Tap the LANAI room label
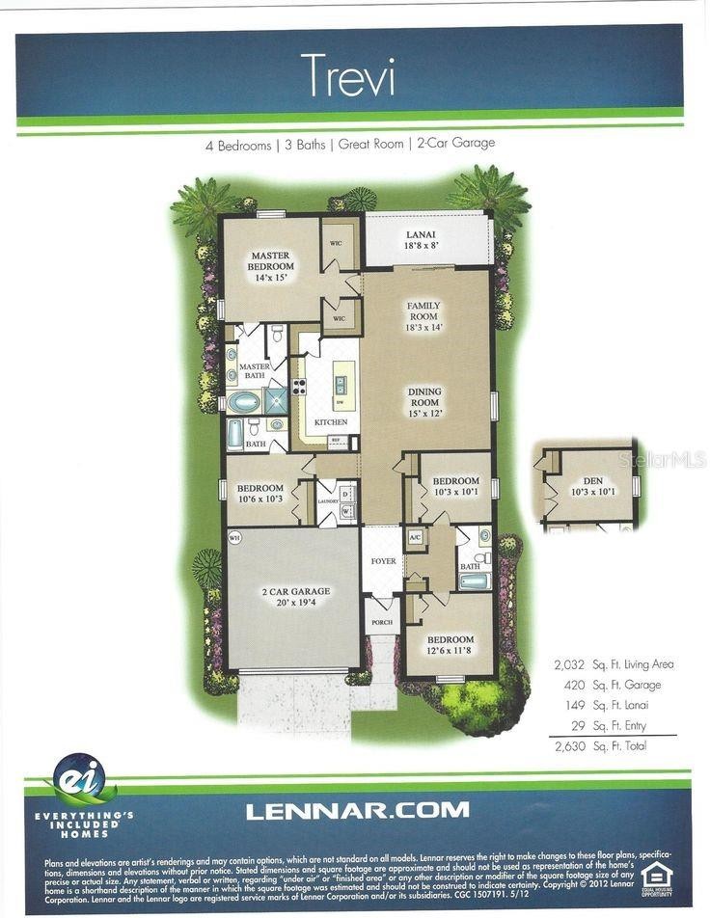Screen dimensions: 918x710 421,233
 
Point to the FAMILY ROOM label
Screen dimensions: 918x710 423,310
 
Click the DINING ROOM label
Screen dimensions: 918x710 424,396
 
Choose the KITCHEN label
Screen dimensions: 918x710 330,422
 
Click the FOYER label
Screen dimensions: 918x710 384,560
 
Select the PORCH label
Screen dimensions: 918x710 381,622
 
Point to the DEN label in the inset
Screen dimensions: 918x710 586,484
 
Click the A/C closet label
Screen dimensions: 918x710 416,536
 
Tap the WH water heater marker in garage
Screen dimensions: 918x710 234,536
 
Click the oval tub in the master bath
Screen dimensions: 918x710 243,402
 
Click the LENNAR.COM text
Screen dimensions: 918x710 357,811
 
